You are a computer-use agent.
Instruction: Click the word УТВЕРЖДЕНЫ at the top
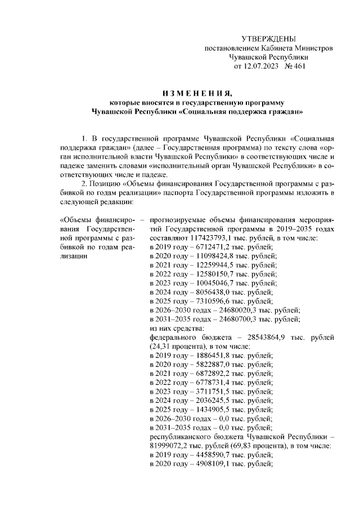[x=268, y=38]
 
